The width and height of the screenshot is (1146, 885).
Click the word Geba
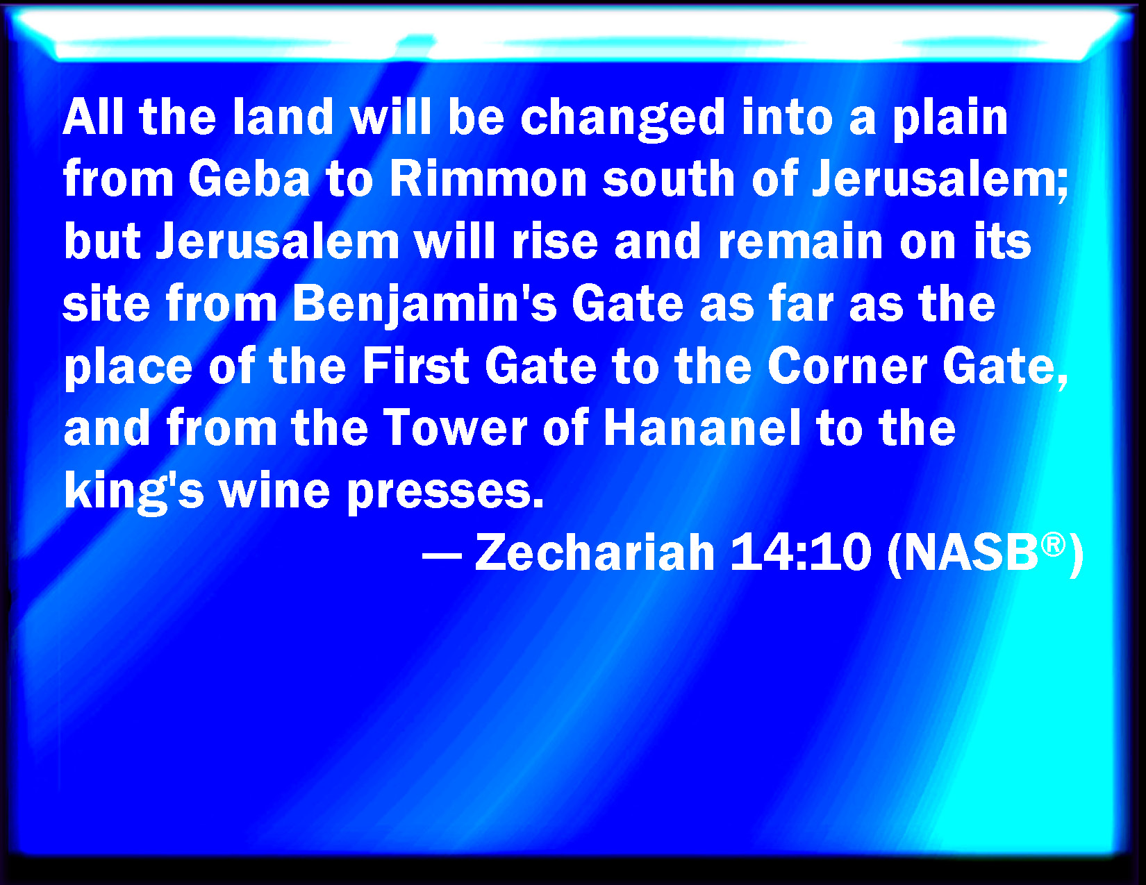[249, 178]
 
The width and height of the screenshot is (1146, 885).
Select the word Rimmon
[488, 178]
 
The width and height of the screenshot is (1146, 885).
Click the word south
[669, 178]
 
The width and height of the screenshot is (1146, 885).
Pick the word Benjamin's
[424, 305]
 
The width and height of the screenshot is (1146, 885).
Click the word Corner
[847, 366]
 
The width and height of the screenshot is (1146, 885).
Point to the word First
[415, 366]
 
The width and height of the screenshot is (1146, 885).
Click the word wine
[275, 490]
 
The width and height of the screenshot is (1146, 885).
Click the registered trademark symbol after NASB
[1053, 543]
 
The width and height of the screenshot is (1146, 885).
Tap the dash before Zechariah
[442, 555]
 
